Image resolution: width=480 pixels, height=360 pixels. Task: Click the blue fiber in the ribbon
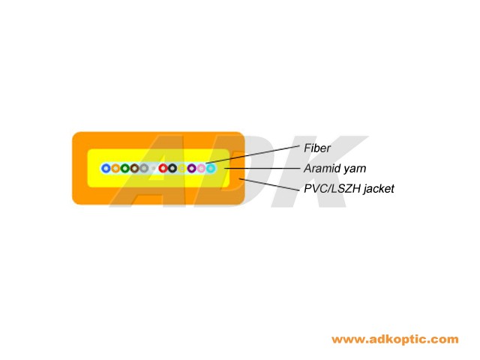coord(106,168)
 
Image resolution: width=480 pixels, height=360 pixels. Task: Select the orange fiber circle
coord(115,168)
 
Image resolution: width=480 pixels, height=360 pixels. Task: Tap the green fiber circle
coord(125,168)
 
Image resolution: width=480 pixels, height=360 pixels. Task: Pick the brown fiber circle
coord(134,168)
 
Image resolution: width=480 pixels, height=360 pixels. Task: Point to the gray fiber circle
coord(144,168)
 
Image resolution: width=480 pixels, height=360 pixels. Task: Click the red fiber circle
coord(163,168)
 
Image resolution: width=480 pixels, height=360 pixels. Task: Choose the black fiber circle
coord(172,168)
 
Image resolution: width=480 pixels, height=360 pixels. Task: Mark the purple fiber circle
coord(191,168)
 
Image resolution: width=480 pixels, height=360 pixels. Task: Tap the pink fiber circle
coord(201,168)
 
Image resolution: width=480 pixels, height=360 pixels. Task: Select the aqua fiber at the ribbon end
coord(211,168)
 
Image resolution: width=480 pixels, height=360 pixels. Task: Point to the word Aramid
coord(321,169)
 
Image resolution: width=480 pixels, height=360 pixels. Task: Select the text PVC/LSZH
coord(331,189)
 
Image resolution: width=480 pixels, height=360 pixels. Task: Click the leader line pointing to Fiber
coord(255,155)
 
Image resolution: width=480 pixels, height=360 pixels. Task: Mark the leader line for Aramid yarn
coord(262,169)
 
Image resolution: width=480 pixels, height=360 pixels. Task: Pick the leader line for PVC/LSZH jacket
coord(270,183)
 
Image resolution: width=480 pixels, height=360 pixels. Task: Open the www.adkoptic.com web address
coord(394,340)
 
